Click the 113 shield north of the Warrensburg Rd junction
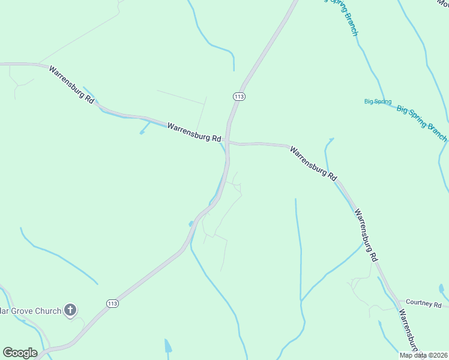(239, 96)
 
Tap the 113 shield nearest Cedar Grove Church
(112, 304)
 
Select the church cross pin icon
(71, 310)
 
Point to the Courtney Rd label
(423, 303)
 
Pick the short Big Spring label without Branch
(378, 101)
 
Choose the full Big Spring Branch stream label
(421, 119)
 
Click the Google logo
(20, 353)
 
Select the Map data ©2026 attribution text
(423, 355)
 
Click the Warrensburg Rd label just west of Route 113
(194, 132)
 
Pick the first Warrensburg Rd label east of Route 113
(313, 163)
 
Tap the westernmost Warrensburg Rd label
(71, 84)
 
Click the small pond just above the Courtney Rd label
(442, 289)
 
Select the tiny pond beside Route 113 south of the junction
(191, 224)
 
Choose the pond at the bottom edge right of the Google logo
(168, 346)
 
